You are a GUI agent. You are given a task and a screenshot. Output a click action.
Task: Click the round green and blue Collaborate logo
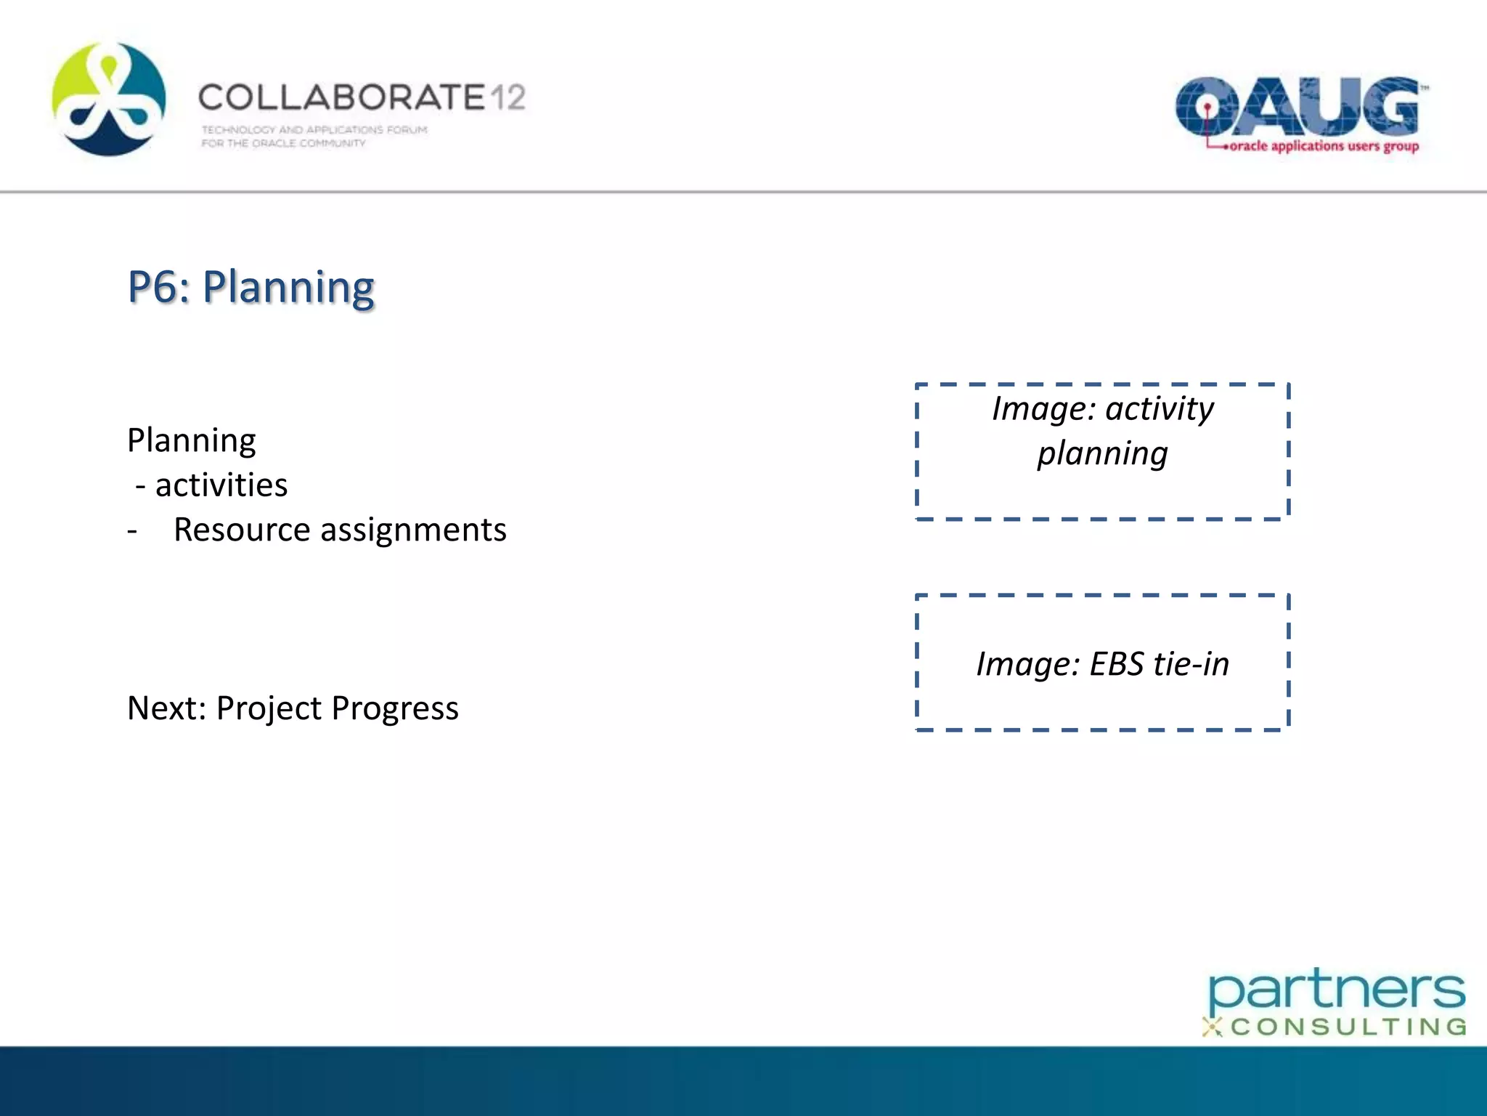[109, 100]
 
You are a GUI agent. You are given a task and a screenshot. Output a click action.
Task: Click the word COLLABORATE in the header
[341, 97]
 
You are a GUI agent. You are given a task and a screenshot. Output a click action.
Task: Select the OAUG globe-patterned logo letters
[1297, 108]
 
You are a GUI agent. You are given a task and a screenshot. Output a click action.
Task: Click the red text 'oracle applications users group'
[1324, 146]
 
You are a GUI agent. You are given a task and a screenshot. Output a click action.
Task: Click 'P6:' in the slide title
[159, 286]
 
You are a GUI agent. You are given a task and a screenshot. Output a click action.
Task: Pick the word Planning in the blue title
[288, 288]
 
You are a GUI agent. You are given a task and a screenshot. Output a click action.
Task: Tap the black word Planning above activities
[191, 441]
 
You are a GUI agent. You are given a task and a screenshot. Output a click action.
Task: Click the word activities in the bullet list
[221, 485]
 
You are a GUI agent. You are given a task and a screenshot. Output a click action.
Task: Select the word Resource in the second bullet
[242, 530]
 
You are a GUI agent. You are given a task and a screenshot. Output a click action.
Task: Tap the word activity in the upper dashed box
[1159, 409]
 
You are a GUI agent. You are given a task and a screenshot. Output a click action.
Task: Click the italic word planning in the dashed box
[1101, 454]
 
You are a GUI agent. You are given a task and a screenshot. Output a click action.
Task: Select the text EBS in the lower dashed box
[1116, 664]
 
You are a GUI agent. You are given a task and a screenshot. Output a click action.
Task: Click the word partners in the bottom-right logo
[1336, 990]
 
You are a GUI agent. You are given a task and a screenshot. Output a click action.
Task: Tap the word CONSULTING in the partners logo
[1348, 1027]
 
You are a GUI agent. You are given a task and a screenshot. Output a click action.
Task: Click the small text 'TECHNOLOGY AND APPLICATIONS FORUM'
[314, 130]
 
